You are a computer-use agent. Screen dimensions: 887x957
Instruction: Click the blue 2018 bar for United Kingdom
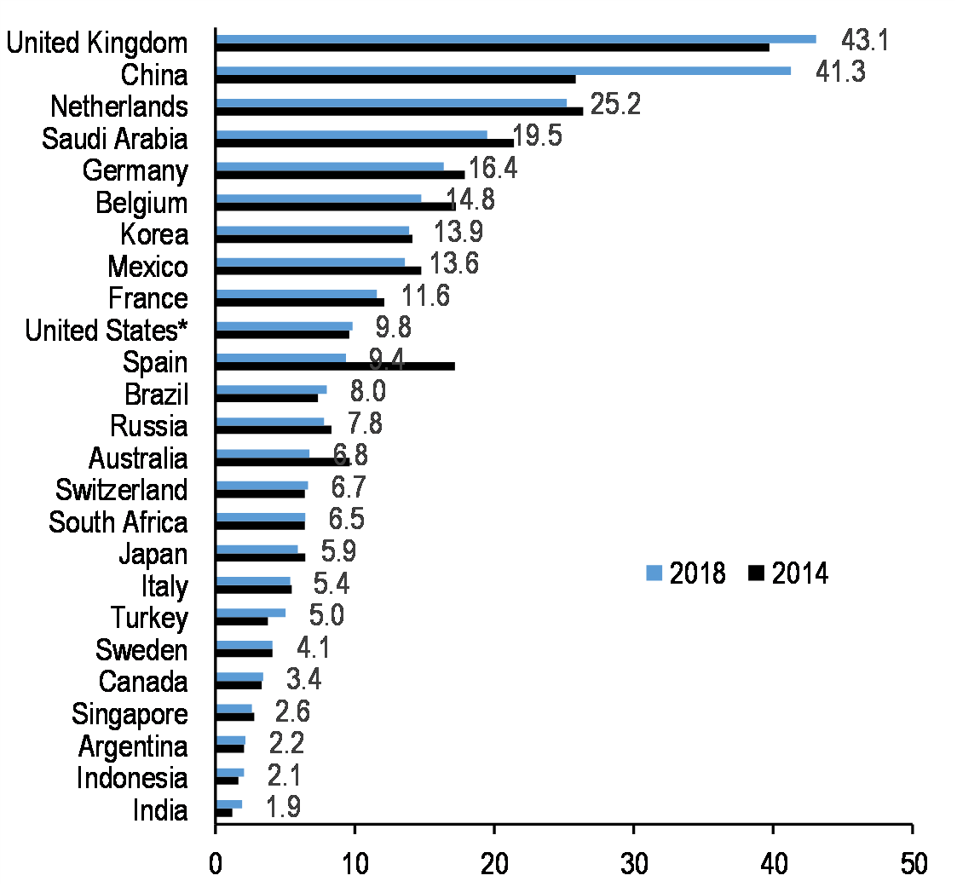(516, 38)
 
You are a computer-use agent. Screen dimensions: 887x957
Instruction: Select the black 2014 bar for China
(395, 79)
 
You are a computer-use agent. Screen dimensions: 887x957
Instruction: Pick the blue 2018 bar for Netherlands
(391, 103)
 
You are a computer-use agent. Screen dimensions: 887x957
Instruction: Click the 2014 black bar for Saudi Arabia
(365, 142)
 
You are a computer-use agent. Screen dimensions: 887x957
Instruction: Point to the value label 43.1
(865, 39)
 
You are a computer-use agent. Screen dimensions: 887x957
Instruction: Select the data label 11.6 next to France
(425, 297)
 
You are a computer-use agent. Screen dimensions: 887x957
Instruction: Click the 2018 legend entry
(686, 573)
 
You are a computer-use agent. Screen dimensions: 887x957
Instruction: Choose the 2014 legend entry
(788, 573)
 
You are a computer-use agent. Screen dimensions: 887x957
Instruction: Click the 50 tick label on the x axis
(912, 861)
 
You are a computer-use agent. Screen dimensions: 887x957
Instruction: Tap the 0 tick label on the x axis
(216, 861)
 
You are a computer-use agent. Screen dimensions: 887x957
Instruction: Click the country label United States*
(107, 331)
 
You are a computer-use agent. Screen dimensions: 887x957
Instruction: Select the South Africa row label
(118, 522)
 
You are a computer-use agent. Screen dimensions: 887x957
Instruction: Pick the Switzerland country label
(122, 490)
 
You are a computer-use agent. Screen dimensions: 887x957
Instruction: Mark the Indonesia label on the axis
(132, 778)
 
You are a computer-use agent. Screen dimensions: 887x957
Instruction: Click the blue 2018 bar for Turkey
(251, 613)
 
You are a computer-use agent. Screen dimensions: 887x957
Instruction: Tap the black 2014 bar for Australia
(283, 462)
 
